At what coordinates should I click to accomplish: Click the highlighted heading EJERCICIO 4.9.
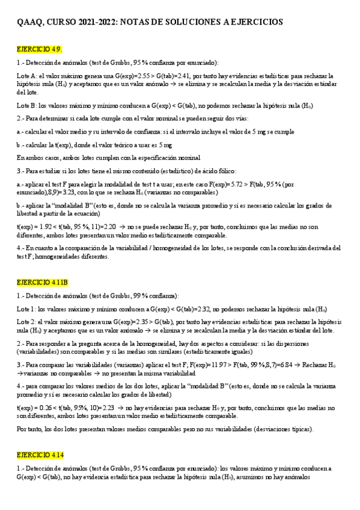tap(39, 49)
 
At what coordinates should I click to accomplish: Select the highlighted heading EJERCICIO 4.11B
tap(42, 282)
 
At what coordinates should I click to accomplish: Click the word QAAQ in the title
tap(29, 22)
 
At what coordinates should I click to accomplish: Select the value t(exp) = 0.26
tap(34, 407)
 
